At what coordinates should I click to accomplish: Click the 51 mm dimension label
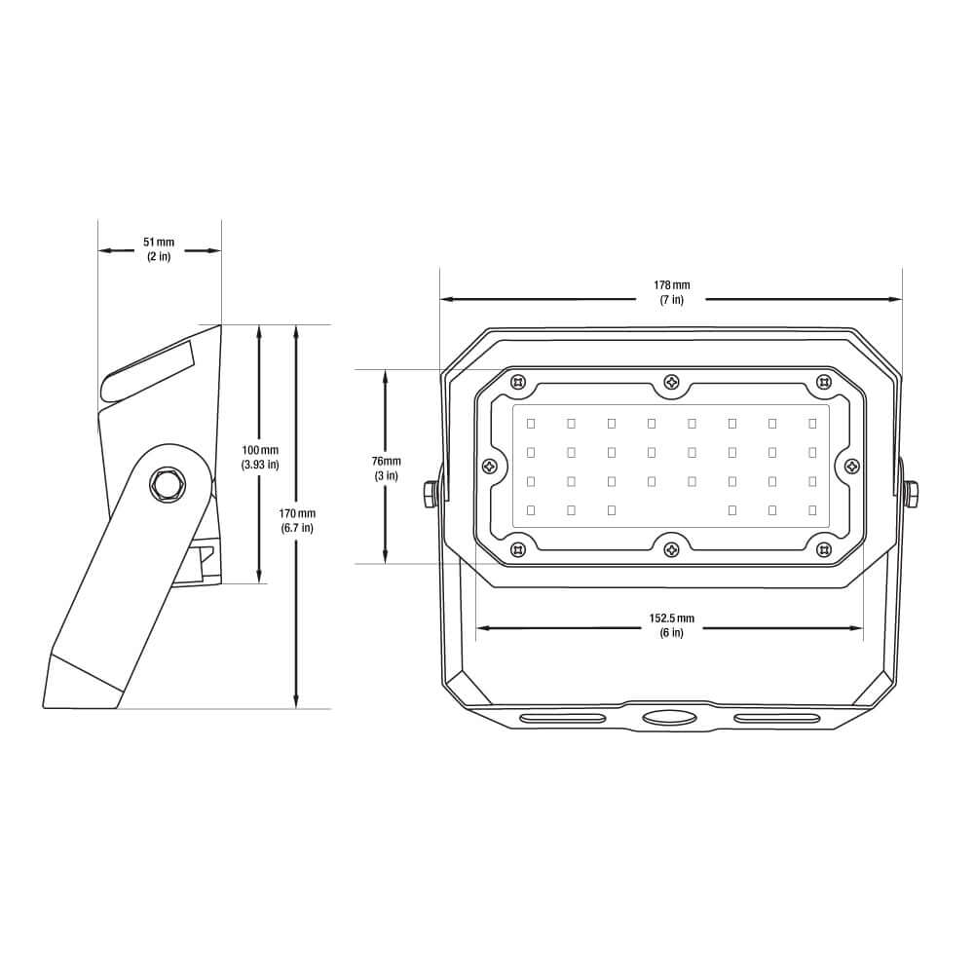tap(159, 249)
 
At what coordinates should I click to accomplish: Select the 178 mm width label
tap(671, 292)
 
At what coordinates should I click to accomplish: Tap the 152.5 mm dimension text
tap(671, 625)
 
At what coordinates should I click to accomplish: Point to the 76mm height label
tap(386, 468)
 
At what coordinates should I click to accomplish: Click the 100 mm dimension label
tap(260, 457)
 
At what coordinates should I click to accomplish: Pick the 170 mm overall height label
tap(297, 520)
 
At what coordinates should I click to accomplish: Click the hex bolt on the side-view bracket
tap(166, 484)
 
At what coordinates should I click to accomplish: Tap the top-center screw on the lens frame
tap(671, 382)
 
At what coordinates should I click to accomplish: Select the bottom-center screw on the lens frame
tap(671, 549)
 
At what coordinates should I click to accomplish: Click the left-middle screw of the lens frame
tap(490, 466)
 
